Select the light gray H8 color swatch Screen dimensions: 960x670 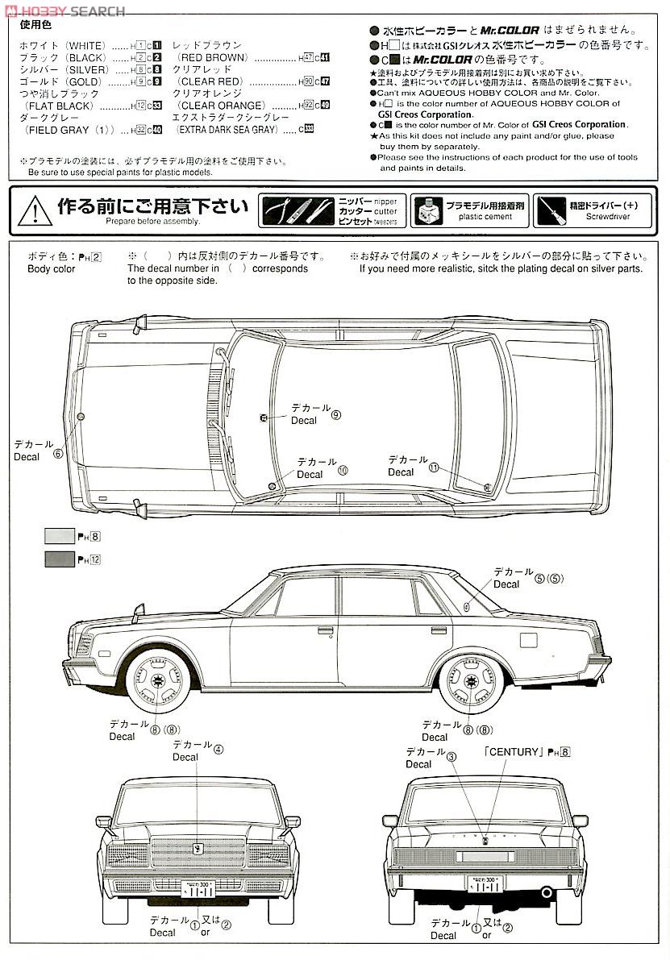tap(59, 535)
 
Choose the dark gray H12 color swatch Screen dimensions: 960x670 tap(59, 558)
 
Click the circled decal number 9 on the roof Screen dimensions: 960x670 tap(336, 415)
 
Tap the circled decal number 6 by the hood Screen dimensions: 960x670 tap(57, 453)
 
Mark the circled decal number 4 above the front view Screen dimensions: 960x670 tap(218, 748)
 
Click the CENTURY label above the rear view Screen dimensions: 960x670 tap(511, 752)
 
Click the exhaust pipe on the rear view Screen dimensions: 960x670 tap(547, 894)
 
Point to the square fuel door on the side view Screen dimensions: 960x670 tap(528, 639)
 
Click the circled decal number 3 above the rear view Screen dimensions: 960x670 tap(452, 756)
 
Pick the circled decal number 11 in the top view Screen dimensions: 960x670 tap(435, 468)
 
